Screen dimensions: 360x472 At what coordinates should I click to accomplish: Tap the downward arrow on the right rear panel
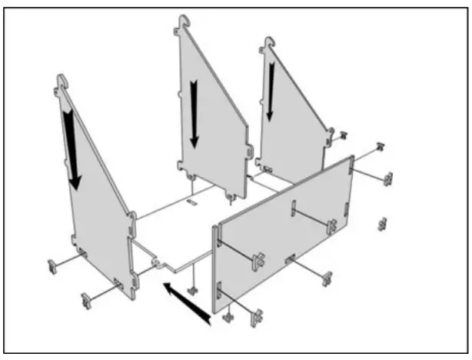(271, 91)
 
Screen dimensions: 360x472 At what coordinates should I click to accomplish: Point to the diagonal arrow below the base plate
(185, 301)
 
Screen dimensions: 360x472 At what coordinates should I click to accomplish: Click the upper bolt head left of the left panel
(52, 266)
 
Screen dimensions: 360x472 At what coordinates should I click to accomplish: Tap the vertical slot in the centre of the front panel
(293, 209)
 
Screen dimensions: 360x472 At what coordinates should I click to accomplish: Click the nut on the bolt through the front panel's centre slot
(331, 226)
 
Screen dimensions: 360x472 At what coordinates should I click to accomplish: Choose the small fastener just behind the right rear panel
(343, 135)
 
